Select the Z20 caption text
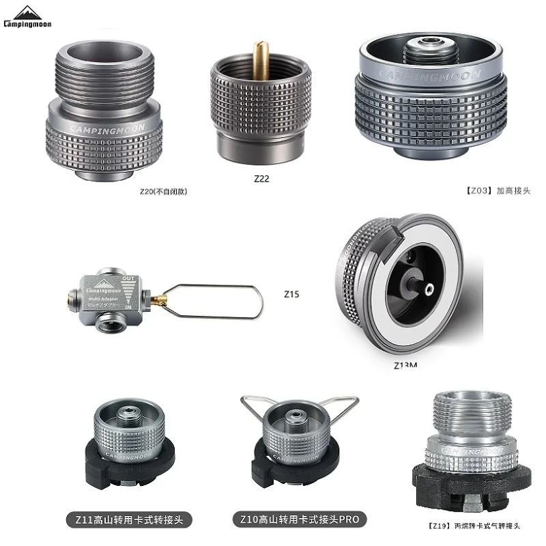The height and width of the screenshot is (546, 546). [162, 192]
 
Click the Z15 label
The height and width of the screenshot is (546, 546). [291, 295]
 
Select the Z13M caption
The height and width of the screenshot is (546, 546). [405, 365]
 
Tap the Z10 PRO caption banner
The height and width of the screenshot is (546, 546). [300, 519]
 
